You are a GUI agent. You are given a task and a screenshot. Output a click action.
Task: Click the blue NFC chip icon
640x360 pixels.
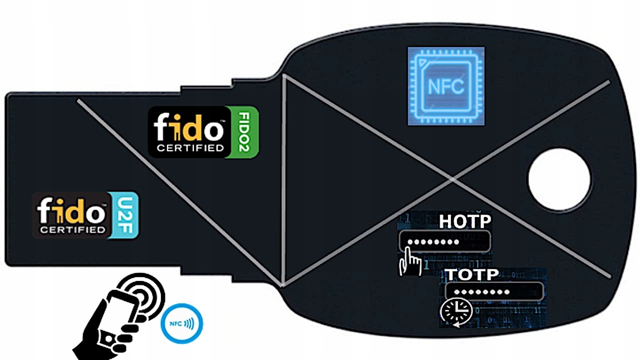pyautogui.click(x=446, y=86)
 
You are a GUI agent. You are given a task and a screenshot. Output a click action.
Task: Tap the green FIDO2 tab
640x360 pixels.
pyautogui.click(x=248, y=132)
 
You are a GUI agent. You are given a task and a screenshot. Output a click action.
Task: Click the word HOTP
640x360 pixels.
pyautogui.click(x=464, y=221)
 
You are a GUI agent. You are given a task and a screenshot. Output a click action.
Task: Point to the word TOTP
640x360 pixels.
pyautogui.click(x=472, y=274)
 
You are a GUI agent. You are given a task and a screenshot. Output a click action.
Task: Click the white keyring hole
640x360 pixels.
pyautogui.click(x=559, y=179)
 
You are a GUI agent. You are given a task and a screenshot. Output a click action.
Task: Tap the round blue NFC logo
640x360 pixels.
pyautogui.click(x=181, y=323)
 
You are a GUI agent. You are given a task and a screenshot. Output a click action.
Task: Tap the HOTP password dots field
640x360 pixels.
pyautogui.click(x=444, y=242)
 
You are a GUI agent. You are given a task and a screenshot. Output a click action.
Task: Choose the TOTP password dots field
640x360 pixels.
pyautogui.click(x=494, y=291)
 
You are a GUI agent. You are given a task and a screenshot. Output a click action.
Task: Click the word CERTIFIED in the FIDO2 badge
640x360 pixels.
pyautogui.click(x=189, y=148)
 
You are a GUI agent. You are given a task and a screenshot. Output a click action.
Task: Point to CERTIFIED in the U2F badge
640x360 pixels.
pyautogui.click(x=73, y=230)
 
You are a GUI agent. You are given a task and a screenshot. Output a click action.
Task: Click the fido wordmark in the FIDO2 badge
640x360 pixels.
pyautogui.click(x=188, y=128)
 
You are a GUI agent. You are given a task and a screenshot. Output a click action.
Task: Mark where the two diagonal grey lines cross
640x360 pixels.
pyautogui.click(x=452, y=178)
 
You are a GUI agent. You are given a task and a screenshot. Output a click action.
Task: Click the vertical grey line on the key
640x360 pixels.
pyautogui.click(x=283, y=180)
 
